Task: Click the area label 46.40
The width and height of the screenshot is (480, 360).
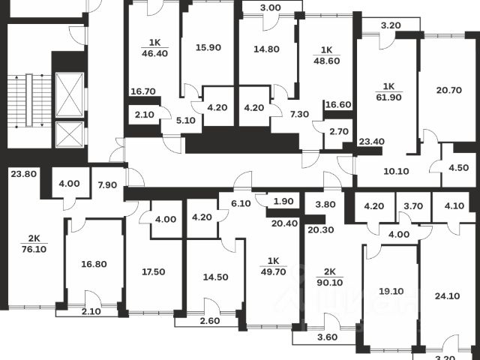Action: pyautogui.click(x=154, y=53)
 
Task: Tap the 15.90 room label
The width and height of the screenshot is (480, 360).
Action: pyautogui.click(x=208, y=47)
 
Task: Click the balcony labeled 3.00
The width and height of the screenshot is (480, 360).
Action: pyautogui.click(x=270, y=7)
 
